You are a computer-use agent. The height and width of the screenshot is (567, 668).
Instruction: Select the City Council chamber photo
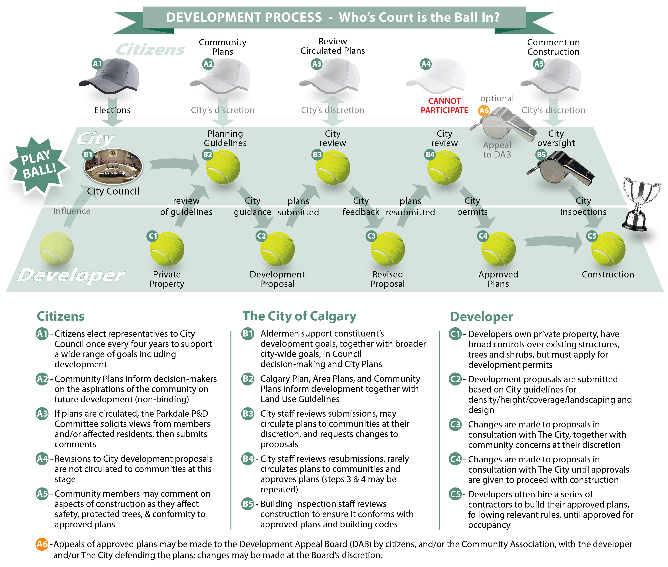[113, 166]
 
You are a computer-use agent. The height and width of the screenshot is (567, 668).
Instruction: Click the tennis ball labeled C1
[167, 249]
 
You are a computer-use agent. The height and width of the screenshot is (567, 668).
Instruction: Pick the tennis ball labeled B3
[333, 168]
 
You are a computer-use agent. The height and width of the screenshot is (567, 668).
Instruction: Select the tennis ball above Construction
[608, 249]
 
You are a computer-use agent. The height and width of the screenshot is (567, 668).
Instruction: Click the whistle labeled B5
[561, 169]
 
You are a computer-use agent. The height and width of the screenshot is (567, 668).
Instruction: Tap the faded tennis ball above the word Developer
[57, 249]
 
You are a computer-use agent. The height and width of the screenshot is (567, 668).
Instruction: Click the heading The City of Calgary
[299, 316]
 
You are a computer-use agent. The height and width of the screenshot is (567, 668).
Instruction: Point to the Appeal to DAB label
[497, 150]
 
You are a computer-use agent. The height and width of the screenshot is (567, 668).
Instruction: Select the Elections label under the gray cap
[112, 110]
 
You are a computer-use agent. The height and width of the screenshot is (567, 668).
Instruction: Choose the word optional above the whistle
[497, 98]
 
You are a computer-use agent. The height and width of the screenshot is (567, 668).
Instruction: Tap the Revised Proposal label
[388, 279]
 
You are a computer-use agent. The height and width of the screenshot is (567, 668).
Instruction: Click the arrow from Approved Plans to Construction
[553, 243]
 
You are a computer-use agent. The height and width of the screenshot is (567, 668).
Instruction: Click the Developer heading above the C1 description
[481, 317]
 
